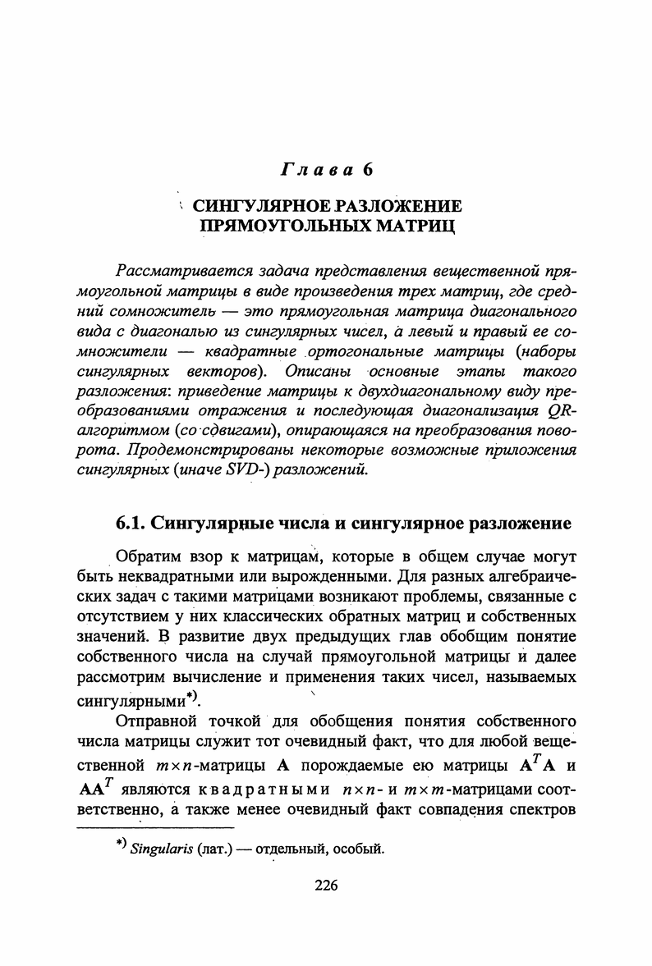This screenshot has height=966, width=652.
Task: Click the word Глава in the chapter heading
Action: pos(316,170)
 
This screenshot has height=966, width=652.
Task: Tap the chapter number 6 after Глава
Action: pos(369,170)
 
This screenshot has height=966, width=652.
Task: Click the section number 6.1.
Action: pos(131,523)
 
